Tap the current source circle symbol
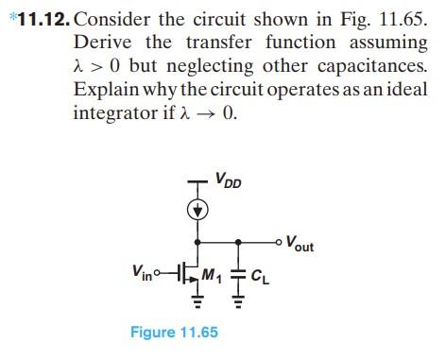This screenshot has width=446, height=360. click(196, 211)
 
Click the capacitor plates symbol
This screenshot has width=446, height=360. click(237, 275)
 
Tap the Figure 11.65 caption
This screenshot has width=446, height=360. click(179, 332)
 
